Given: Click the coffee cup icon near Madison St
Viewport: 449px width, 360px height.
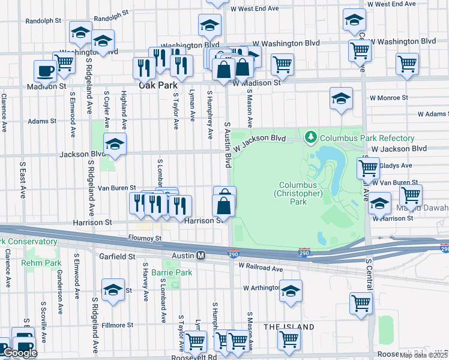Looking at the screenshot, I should coord(45,71).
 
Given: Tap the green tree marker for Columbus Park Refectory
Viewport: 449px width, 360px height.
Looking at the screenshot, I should coord(310,138).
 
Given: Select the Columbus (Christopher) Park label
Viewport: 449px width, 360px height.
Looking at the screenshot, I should coord(298,194).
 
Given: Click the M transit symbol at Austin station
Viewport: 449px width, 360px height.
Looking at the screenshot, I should coord(202,256).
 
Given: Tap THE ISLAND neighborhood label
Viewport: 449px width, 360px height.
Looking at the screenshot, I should coord(288,327).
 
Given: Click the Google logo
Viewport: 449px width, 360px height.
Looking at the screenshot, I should coord(20,353).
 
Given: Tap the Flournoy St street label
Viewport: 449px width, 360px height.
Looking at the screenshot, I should coord(145,238).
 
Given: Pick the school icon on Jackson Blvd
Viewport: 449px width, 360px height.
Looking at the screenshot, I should coord(115,145).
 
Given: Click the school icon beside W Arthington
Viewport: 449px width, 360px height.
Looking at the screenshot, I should coord(291,291).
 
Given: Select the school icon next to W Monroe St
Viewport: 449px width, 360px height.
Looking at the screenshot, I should coord(341,98).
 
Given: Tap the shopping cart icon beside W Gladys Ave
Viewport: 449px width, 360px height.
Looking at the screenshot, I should coord(368,167).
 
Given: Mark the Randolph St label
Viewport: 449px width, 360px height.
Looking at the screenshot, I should coord(44,20).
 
